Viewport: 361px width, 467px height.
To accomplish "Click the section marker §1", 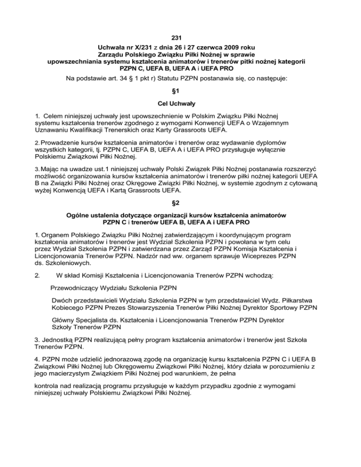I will coord(180,93).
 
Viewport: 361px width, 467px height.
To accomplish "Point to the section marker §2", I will coord(180,204).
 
